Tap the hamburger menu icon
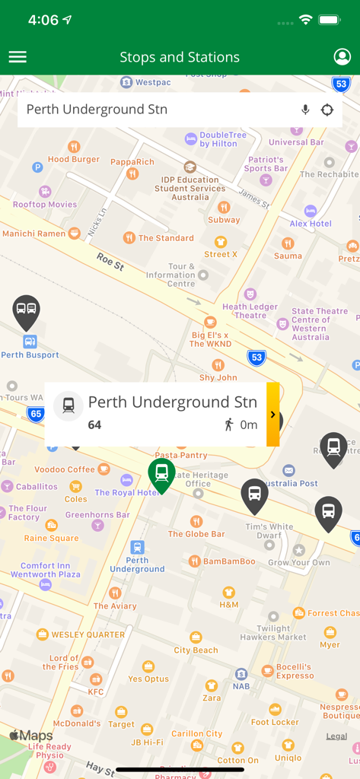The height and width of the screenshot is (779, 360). click(18, 57)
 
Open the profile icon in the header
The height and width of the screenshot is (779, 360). click(342, 57)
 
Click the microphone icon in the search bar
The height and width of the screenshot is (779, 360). click(305, 110)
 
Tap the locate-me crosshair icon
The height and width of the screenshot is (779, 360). click(327, 110)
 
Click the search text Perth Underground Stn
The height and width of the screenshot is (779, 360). click(97, 110)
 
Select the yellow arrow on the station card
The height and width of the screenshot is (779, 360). click(272, 414)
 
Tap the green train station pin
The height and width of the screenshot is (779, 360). click(161, 474)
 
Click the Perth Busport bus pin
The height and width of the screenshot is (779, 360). click(27, 310)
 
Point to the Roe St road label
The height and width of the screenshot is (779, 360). click(110, 263)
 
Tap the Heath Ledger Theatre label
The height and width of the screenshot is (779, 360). click(250, 310)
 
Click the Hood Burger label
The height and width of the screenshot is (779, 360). click(74, 159)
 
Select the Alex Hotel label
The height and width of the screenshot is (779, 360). click(311, 224)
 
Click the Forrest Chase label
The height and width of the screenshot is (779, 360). click(333, 613)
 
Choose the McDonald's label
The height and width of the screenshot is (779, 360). click(75, 723)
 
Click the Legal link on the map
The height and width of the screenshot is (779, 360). click(336, 736)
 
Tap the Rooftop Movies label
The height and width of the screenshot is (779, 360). click(45, 204)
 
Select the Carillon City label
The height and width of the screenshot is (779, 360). click(197, 733)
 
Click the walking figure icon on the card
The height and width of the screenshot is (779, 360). click(228, 424)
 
